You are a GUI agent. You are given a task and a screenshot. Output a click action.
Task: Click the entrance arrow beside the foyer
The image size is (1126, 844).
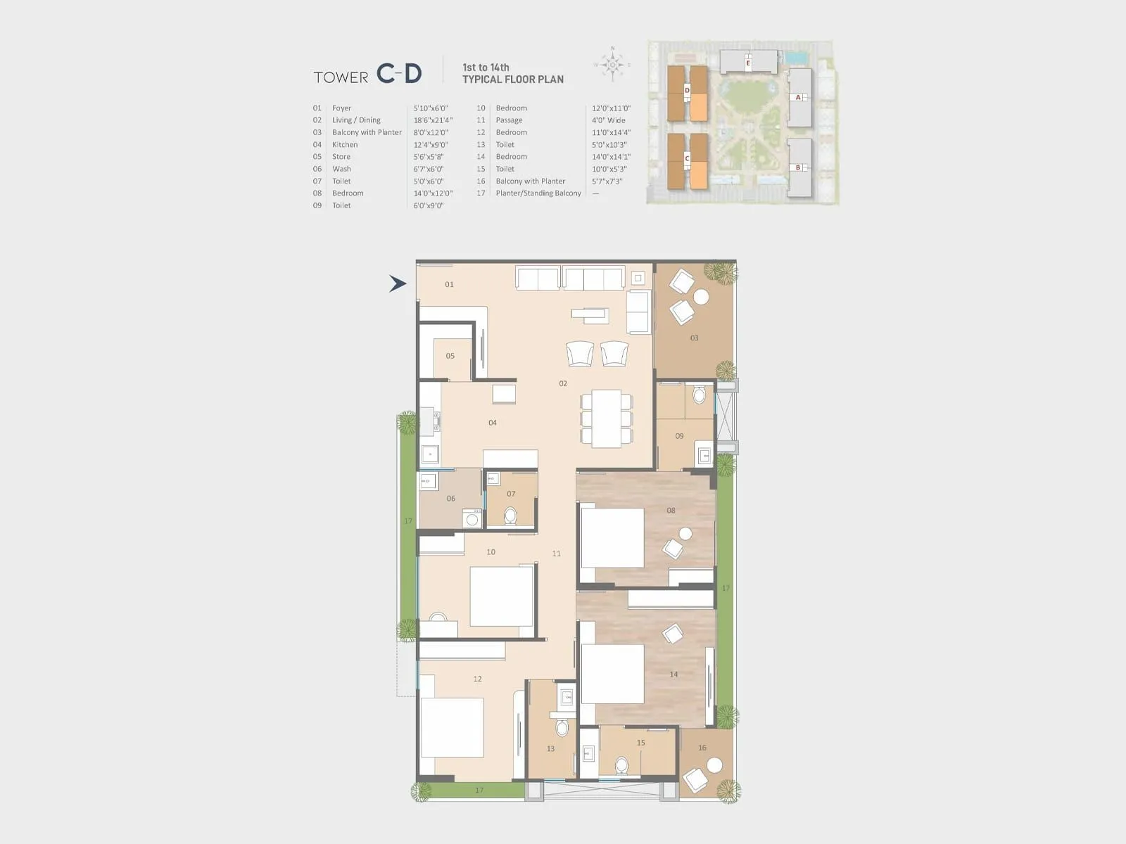click(398, 283)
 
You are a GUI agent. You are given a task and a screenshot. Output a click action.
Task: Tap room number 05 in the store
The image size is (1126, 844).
click(450, 356)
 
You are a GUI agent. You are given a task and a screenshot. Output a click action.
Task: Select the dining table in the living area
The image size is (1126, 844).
click(606, 418)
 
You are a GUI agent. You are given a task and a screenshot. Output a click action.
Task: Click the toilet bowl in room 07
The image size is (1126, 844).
click(510, 517)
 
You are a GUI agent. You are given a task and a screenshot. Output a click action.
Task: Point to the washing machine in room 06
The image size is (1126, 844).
click(472, 520)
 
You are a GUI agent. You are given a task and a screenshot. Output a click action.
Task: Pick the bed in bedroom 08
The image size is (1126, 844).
click(612, 537)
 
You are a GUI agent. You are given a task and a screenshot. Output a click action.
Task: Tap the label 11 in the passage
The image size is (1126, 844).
click(557, 554)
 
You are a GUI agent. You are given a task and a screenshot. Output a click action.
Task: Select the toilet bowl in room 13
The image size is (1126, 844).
click(562, 726)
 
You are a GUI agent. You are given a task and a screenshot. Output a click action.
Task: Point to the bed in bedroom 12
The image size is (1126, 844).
click(452, 727)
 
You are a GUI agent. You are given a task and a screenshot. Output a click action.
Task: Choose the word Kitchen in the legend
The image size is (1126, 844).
click(345, 145)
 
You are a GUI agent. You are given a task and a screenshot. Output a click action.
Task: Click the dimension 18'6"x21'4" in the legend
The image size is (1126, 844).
click(433, 120)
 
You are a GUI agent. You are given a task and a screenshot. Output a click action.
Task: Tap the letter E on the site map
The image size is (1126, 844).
click(748, 64)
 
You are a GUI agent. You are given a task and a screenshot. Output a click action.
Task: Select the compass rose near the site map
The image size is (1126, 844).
click(612, 65)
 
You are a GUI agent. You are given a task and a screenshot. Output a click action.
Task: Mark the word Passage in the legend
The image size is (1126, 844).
click(509, 120)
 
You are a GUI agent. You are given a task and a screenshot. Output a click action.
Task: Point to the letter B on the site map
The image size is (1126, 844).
click(798, 167)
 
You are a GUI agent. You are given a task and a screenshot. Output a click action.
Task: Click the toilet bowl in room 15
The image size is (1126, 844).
click(621, 765)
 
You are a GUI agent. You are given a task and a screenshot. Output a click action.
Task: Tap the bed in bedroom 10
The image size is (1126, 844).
click(501, 596)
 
